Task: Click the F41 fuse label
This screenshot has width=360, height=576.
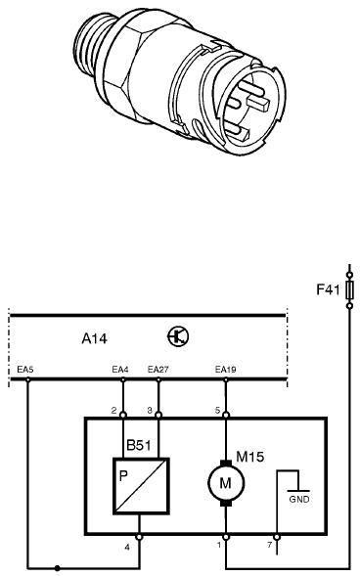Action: (x=328, y=289)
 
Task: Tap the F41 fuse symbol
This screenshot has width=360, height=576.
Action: (x=349, y=290)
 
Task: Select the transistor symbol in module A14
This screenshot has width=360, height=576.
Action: (x=178, y=336)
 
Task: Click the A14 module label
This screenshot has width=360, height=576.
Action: (x=95, y=338)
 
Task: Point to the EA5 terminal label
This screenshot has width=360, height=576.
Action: (x=25, y=370)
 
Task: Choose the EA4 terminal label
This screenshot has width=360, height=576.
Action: (x=120, y=370)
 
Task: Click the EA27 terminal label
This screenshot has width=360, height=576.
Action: (x=157, y=370)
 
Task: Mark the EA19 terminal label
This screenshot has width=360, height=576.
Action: (x=226, y=370)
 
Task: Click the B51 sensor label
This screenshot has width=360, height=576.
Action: (x=139, y=445)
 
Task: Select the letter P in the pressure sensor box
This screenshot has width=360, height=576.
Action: (x=124, y=476)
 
